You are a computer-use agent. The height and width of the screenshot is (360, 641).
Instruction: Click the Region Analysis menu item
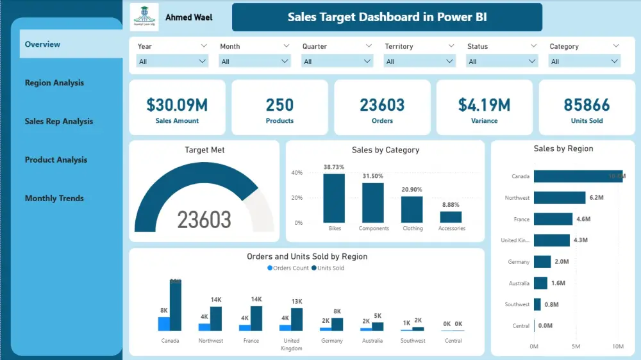(54, 83)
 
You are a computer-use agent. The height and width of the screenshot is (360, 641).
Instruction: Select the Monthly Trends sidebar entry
(54, 199)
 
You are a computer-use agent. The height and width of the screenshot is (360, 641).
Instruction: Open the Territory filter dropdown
(420, 61)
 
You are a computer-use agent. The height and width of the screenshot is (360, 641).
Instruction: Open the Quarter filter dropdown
(337, 61)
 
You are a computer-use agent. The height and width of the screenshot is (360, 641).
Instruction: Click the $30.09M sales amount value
(177, 104)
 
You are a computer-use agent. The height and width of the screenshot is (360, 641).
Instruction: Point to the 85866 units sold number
(587, 104)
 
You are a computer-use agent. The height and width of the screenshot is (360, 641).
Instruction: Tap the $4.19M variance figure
(484, 104)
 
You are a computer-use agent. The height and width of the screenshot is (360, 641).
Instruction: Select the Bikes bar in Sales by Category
(334, 199)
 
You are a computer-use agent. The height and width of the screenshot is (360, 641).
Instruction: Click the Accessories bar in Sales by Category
(451, 217)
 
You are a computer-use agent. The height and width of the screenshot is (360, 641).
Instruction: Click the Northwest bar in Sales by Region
(560, 197)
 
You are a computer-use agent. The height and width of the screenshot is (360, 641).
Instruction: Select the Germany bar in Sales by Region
(542, 261)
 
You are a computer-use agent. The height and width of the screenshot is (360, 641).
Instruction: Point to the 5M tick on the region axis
(576, 347)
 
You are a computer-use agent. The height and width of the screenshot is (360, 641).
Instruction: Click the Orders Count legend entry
(288, 268)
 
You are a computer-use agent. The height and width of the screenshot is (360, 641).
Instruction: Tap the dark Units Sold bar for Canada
(175, 306)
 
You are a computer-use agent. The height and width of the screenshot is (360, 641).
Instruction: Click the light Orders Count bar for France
(245, 327)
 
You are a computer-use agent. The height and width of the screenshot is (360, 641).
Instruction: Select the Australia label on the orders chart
(372, 341)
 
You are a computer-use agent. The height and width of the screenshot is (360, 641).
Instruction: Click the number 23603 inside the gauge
(204, 220)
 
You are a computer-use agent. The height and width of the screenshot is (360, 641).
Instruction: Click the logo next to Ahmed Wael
(145, 17)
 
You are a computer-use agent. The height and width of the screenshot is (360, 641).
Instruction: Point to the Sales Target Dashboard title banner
(387, 17)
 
